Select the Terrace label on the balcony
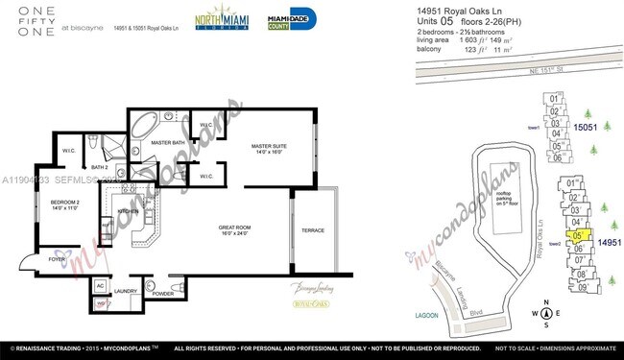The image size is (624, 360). [314, 231]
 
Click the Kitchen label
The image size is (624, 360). [129, 211]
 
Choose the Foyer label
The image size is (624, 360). [57, 259]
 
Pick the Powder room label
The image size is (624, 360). [162, 294]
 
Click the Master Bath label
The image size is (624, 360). [168, 142]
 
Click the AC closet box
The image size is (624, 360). [100, 285]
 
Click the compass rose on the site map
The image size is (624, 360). [546, 312]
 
